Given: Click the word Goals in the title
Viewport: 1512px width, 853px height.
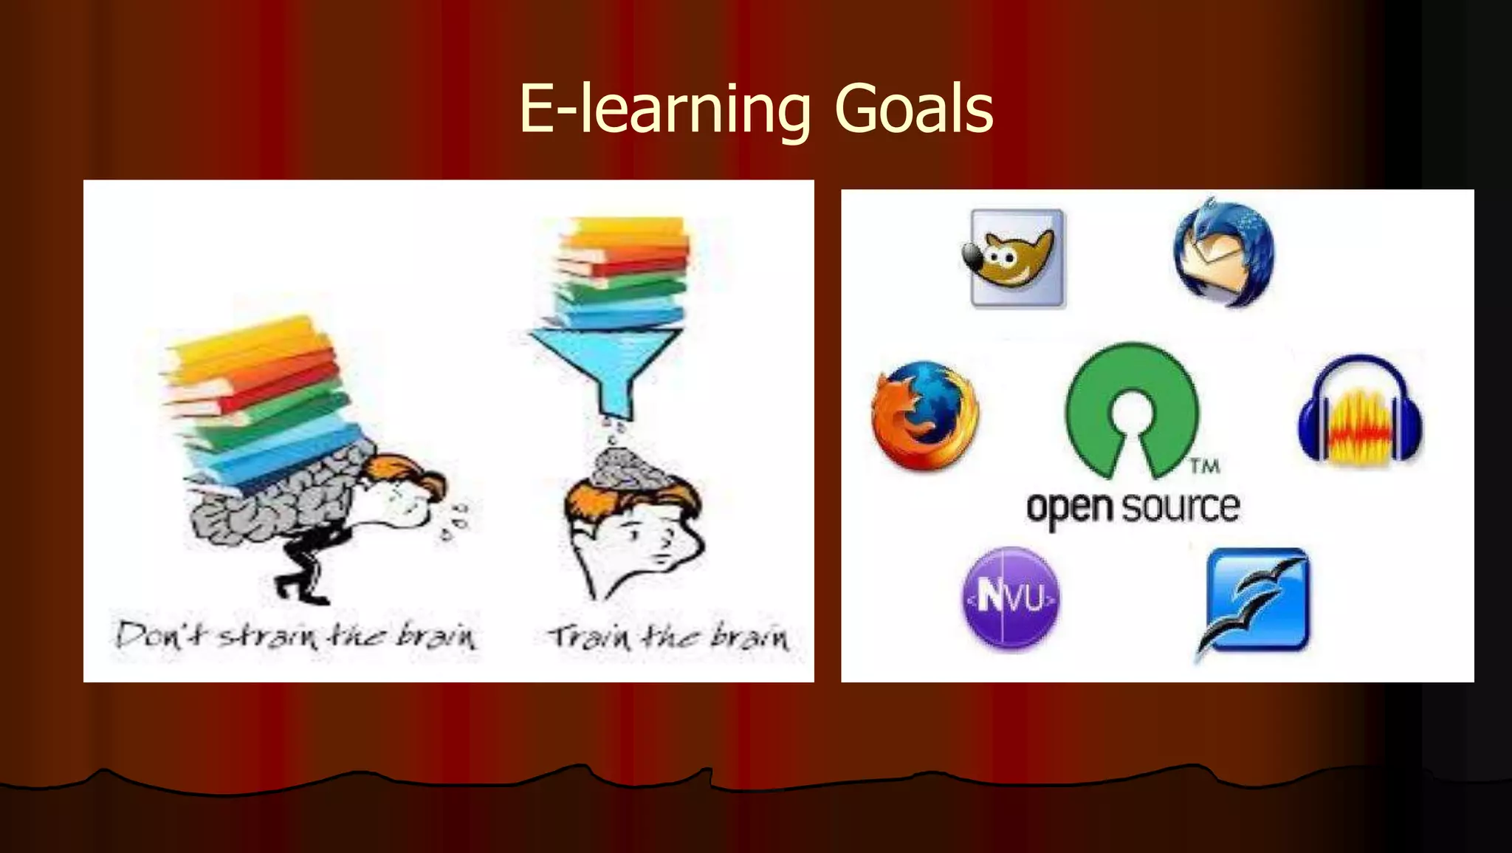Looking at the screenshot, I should [913, 109].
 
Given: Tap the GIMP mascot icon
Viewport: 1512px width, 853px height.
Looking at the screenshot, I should [1016, 257].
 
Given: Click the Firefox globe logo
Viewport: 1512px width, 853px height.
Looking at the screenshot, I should [924, 416].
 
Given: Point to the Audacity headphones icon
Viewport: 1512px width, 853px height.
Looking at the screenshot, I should [1361, 411].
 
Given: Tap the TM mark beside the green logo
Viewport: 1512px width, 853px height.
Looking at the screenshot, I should [1204, 466].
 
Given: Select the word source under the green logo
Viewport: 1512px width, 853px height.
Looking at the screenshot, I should [1180, 507].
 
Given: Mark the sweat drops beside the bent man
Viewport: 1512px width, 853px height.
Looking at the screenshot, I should [454, 521].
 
